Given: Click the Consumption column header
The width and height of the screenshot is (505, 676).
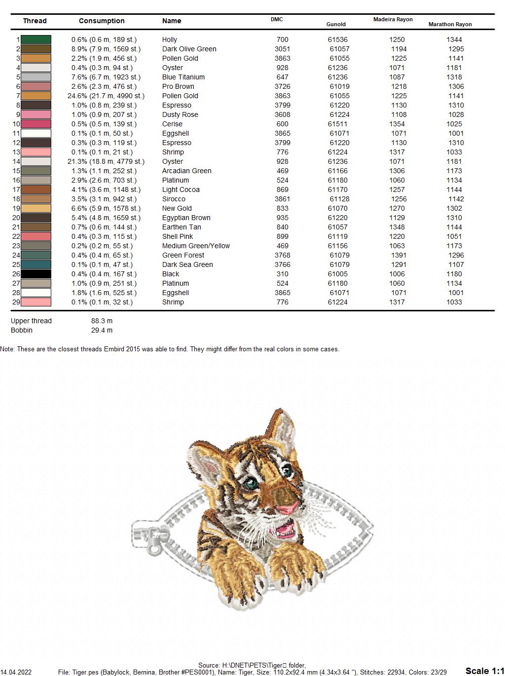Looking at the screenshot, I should pos(102,21).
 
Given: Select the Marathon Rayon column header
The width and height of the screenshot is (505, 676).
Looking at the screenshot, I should pos(450,24).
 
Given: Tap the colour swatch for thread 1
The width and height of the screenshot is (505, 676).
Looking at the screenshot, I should pos(36,39).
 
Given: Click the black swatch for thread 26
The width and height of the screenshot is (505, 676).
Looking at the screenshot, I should pos(36,274).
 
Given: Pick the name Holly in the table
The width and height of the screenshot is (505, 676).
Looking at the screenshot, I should pos(170,39).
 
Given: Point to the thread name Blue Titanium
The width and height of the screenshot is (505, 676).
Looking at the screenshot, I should pos(183,77).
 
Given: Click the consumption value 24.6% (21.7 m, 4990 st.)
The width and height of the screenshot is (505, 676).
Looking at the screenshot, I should pos(106,96).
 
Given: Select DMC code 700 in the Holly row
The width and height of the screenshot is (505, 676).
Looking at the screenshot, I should pos(283,39).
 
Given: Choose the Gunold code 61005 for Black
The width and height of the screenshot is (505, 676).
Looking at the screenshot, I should pos(338,274).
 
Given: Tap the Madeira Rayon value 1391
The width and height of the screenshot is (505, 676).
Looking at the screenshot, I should pos(399,255).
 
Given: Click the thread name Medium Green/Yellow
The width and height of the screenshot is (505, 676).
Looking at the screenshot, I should pos(196,246).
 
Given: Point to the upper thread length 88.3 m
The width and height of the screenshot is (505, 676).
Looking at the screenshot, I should pos(102,321).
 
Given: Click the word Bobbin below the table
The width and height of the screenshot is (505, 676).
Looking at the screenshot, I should pos(22,330).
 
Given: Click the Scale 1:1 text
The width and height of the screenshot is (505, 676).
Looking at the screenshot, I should pos(484,671).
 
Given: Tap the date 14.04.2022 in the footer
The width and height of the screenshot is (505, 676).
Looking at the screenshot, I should pos(16,672).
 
